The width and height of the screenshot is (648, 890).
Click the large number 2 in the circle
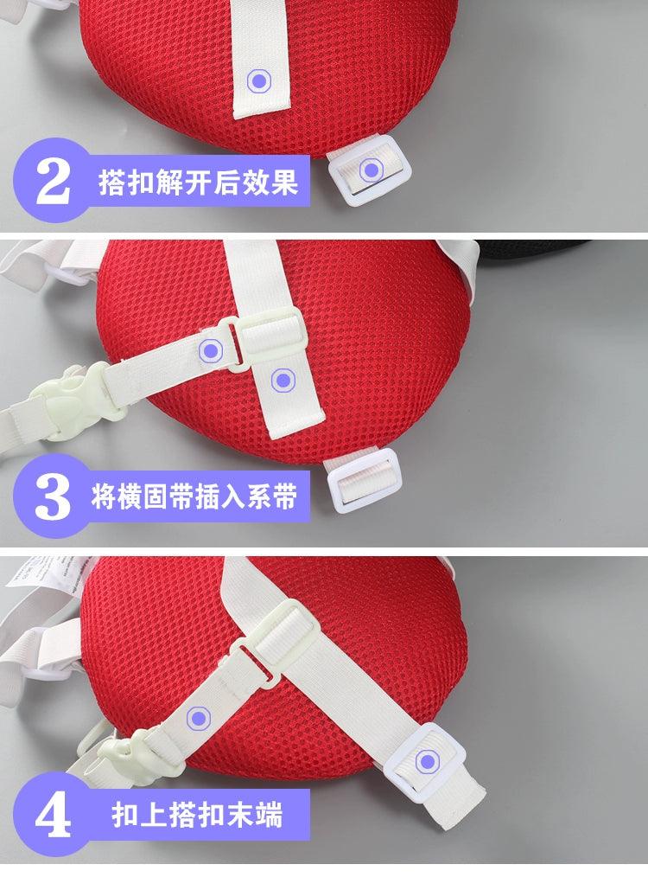tap(53, 182)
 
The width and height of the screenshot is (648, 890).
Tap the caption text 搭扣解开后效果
tap(198, 182)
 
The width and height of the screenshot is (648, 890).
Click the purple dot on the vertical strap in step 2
tap(259, 81)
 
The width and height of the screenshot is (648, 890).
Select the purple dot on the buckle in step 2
tap(371, 170)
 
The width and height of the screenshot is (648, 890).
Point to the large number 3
tap(53, 496)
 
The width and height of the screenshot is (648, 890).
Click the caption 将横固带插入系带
tap(194, 496)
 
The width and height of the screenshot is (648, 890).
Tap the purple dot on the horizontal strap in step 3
tap(211, 350)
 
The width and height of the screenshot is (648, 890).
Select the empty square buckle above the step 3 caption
tap(365, 481)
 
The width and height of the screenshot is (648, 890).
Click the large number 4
tap(53, 815)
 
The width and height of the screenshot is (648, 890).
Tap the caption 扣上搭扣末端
tap(197, 815)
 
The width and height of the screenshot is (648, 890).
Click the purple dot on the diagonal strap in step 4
tap(199, 718)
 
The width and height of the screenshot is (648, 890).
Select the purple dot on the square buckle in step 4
tap(427, 761)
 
